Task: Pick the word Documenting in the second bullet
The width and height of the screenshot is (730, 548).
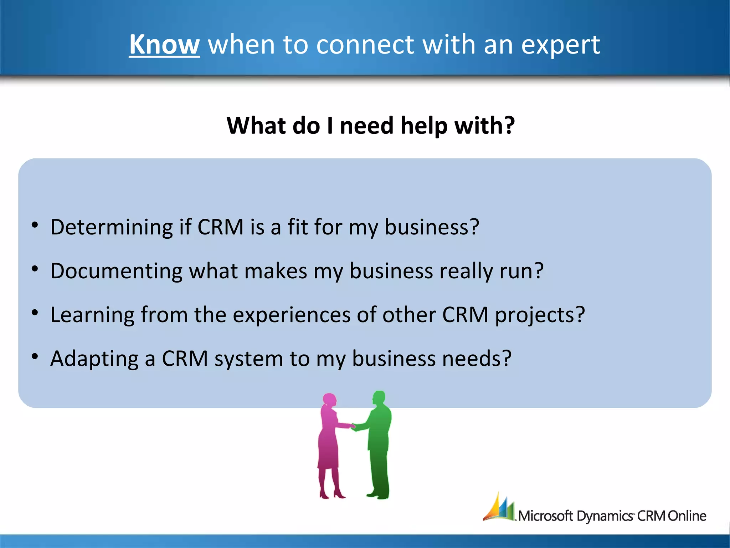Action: (x=116, y=271)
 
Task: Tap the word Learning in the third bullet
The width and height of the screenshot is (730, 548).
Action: (x=92, y=315)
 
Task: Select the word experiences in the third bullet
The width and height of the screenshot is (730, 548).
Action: (x=291, y=315)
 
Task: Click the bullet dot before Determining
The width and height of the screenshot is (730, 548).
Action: (x=35, y=225)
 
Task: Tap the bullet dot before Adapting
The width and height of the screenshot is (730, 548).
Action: (x=35, y=356)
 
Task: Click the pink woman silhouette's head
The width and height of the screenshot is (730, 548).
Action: (x=330, y=400)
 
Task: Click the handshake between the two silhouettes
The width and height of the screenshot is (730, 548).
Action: (x=353, y=426)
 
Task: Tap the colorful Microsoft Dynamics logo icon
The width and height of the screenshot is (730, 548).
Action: (x=499, y=507)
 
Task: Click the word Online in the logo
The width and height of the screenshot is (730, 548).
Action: (x=687, y=516)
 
